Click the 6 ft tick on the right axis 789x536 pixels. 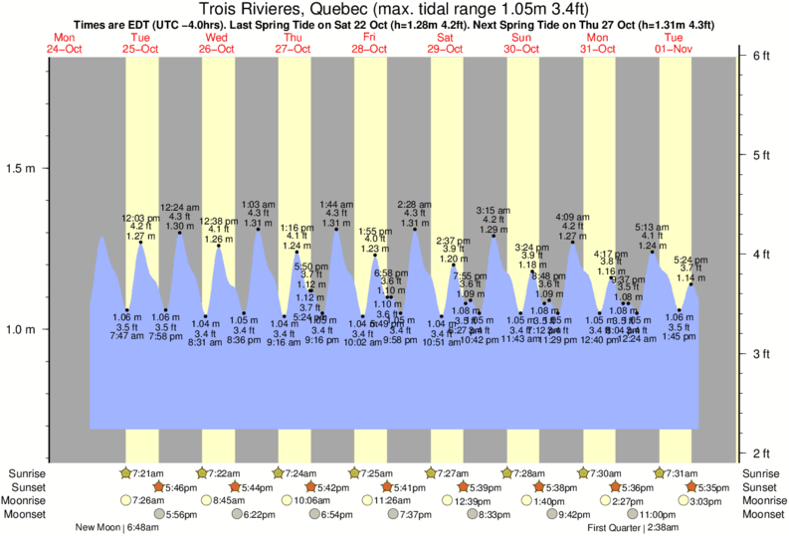(x=761, y=56)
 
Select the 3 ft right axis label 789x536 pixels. (x=761, y=354)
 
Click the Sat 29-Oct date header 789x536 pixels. (x=445, y=43)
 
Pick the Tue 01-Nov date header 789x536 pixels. (x=674, y=43)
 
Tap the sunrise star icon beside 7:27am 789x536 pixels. (x=431, y=472)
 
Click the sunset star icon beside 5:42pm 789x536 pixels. (x=311, y=487)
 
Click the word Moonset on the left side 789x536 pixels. (x=29, y=515)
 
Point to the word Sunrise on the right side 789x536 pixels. (x=764, y=472)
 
